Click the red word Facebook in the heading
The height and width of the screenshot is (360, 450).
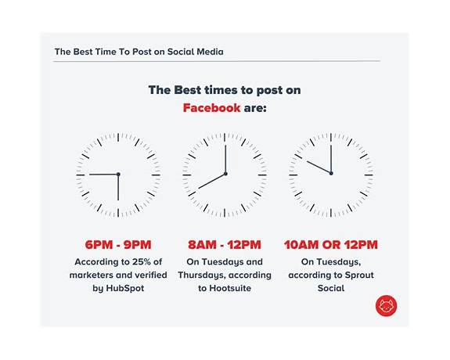[x=211, y=107]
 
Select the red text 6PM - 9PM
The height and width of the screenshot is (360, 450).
[x=118, y=244]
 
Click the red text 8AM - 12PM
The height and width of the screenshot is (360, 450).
[x=225, y=244]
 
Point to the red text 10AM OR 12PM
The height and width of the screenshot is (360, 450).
[x=331, y=244]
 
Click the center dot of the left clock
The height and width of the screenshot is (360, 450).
[x=118, y=174]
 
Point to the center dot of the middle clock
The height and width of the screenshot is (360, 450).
[x=225, y=174]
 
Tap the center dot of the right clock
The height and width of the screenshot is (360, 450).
[x=331, y=174]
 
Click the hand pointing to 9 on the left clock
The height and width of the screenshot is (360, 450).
[x=103, y=174]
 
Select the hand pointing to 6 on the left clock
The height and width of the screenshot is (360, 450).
[x=118, y=188]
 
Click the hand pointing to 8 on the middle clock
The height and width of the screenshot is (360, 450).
[x=211, y=181]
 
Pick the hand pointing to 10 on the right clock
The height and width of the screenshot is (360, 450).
[x=319, y=167]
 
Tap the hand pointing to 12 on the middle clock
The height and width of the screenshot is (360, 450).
[x=225, y=159]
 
